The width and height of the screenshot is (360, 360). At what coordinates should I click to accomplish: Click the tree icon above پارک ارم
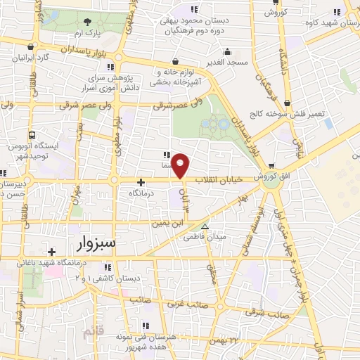87,22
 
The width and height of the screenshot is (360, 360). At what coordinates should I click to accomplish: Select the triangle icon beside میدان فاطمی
205,226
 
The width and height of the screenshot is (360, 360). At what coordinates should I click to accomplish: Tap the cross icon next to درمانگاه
141,181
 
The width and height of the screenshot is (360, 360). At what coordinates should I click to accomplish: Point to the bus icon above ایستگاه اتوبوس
32,135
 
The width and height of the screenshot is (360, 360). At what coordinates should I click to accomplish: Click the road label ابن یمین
165,223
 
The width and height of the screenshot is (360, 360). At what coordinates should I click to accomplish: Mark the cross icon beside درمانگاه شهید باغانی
51,251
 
